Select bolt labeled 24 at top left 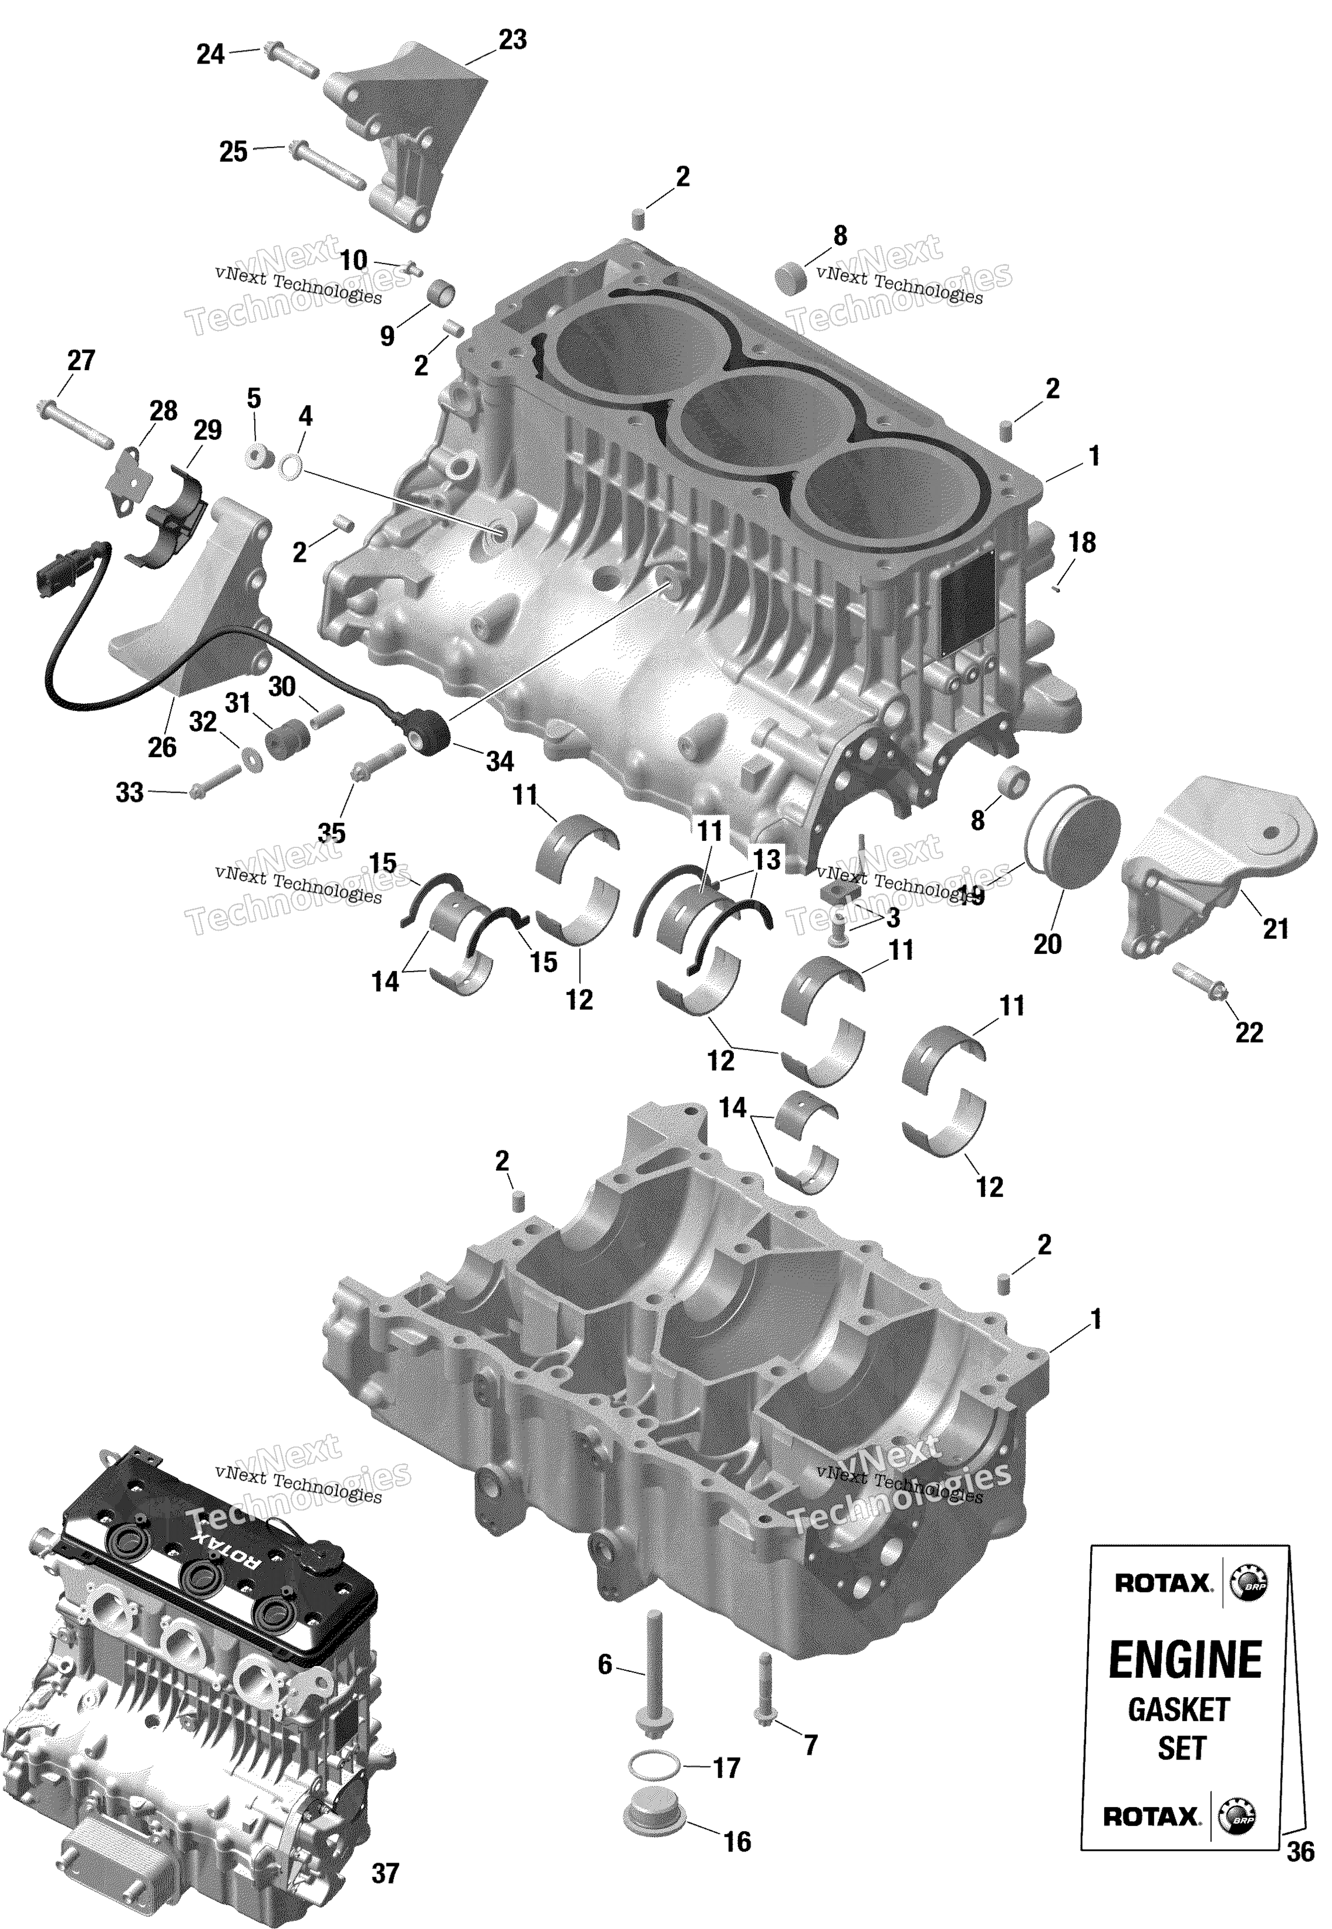coord(290,60)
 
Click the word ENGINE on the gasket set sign coord(1185,1660)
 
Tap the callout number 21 coord(1276,928)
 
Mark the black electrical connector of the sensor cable coord(52,574)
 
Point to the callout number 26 coord(162,747)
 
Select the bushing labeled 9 coord(443,294)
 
